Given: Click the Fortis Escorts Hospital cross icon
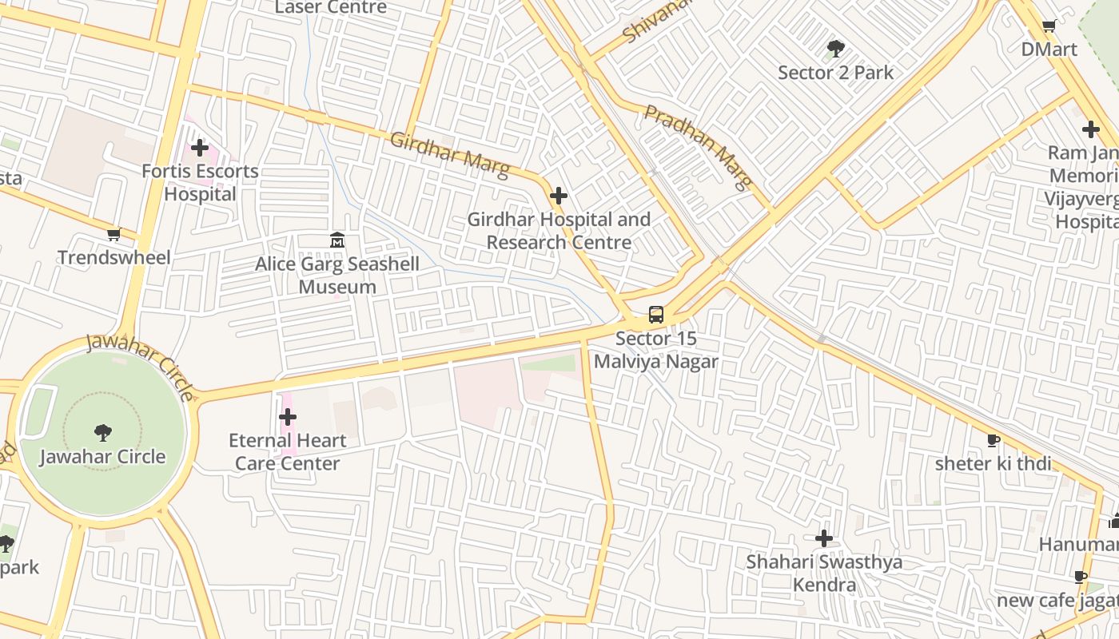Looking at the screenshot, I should tap(200, 148).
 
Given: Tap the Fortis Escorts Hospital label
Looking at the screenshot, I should tap(200, 182).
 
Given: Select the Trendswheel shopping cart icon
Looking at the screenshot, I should tap(113, 234).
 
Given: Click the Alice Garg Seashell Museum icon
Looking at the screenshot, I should tap(337, 240).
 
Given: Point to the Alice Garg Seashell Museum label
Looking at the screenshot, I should tap(337, 275).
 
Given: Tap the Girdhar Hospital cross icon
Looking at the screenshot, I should tap(559, 196).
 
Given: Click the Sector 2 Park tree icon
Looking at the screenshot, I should tap(836, 49).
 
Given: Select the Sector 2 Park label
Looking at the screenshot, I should tap(836, 73).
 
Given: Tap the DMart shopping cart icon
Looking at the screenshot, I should tap(1049, 26).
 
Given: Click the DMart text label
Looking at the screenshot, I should tap(1049, 50).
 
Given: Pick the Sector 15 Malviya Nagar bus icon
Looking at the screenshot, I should tap(656, 315).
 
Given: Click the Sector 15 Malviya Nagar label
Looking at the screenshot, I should tap(656, 350).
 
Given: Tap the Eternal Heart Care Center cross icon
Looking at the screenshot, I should tap(288, 417).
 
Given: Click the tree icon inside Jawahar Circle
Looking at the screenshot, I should tap(102, 433).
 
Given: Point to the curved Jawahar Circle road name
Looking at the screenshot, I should tap(141, 365).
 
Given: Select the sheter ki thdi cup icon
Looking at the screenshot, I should tap(994, 440).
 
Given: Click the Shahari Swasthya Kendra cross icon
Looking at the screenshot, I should tap(824, 538).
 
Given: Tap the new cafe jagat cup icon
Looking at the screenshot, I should tap(1081, 577).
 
